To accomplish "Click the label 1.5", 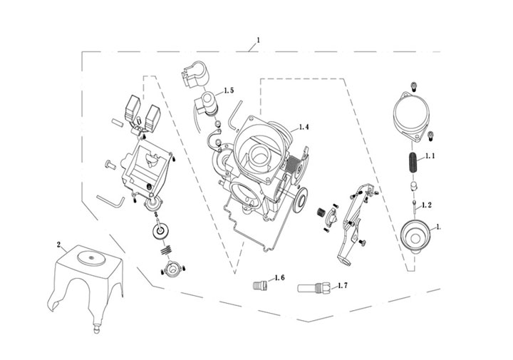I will [229, 91].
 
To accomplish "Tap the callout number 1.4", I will [304, 127].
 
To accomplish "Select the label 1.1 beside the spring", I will [430, 155].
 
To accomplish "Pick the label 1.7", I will [342, 285].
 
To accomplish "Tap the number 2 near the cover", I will [58, 245].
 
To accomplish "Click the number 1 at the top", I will [258, 39].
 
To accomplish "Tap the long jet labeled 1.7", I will [313, 289].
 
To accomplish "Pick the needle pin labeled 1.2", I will [414, 208].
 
